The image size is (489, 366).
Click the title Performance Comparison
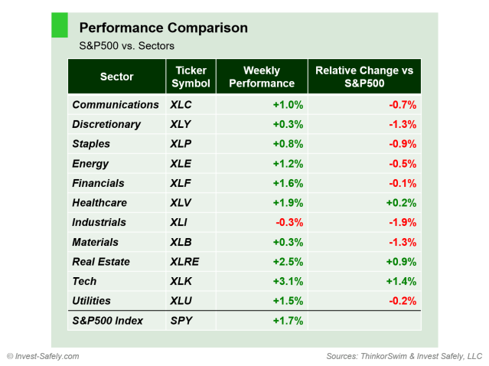point(163,28)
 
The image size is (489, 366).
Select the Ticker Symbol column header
point(191,77)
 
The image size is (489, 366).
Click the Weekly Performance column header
point(262,77)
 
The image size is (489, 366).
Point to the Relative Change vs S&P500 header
point(364,77)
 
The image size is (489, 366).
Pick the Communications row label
point(115,105)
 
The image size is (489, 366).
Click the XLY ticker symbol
point(182,124)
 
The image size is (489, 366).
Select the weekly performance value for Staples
point(288,144)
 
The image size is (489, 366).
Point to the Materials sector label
point(95,242)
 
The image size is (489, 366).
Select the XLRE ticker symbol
point(185,262)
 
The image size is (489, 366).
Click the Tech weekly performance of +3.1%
point(288,282)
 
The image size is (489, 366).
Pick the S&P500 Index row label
point(107,321)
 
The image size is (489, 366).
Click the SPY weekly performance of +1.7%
point(288,321)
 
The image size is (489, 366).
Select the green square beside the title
point(59,25)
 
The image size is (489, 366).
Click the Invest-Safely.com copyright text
point(43,356)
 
